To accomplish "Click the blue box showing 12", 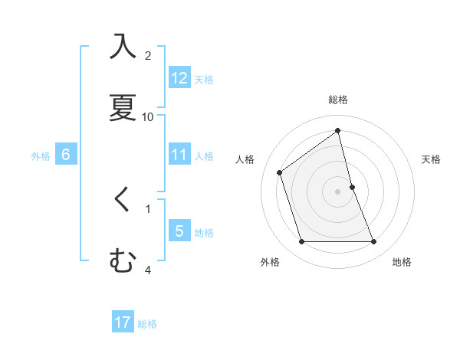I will [179, 78].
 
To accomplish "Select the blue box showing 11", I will [179, 155].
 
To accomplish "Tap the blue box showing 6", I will [66, 155].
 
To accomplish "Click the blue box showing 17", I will [123, 322].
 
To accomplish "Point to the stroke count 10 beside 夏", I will [148, 116].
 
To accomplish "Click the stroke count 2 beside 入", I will [148, 55].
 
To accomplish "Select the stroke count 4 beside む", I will [148, 270].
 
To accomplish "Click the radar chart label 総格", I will [338, 100].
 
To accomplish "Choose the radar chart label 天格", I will [432, 159].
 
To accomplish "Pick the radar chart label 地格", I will [402, 262].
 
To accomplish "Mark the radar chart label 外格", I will [270, 262].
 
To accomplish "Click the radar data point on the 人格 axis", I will [280, 172].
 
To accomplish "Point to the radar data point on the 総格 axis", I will [338, 131].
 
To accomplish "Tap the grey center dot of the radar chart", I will [338, 191].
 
